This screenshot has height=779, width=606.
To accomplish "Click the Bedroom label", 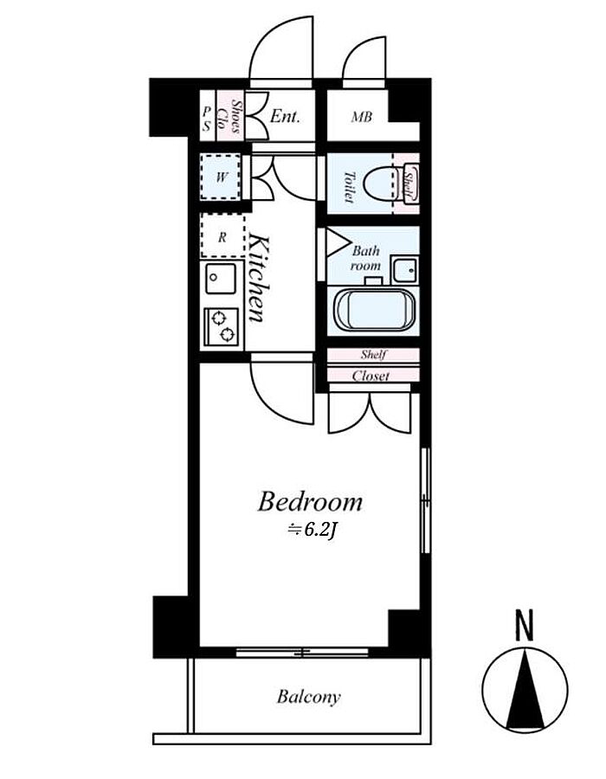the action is [309, 502].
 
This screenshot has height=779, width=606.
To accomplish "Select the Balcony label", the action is [308, 697].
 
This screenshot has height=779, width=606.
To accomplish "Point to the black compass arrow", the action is [525, 690].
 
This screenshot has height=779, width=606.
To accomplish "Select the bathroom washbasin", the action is [404, 270].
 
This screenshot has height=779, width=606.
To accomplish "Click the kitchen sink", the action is [221, 278].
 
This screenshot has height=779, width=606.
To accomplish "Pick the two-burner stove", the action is [221, 327].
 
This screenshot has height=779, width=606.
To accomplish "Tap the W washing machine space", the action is [222, 177].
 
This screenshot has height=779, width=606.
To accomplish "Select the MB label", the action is [362, 117].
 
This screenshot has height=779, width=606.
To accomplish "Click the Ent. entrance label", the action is [286, 117].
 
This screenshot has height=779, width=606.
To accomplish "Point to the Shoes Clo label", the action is [230, 117].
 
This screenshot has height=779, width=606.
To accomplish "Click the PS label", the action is [207, 119].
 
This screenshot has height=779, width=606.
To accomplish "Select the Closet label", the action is [371, 377].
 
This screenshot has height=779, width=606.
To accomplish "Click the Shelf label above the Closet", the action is [374, 355].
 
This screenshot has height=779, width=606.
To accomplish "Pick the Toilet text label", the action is [351, 187].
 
